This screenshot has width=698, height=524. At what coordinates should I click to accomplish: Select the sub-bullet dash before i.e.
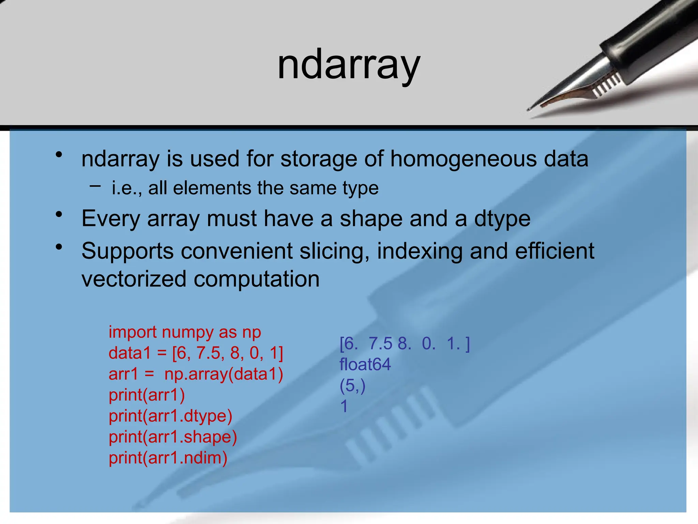pyautogui.click(x=95, y=186)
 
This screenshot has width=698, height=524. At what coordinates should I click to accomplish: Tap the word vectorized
pyautogui.click(x=134, y=279)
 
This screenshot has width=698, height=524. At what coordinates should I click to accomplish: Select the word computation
pyautogui.click(x=257, y=279)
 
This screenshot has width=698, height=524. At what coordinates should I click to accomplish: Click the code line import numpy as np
pyautogui.click(x=185, y=332)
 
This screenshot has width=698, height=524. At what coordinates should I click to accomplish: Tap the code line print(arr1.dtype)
pyautogui.click(x=170, y=416)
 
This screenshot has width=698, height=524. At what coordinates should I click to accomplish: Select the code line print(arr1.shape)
pyautogui.click(x=173, y=437)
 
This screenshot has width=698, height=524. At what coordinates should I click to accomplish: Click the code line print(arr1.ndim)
pyautogui.click(x=168, y=458)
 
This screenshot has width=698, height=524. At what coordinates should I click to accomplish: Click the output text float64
pyautogui.click(x=365, y=364)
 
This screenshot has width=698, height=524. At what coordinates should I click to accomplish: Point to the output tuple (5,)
pyautogui.click(x=352, y=385)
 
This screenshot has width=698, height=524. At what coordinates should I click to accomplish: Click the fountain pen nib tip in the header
pyautogui.click(x=529, y=109)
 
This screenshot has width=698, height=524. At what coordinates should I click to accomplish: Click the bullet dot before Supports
pyautogui.click(x=59, y=247)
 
